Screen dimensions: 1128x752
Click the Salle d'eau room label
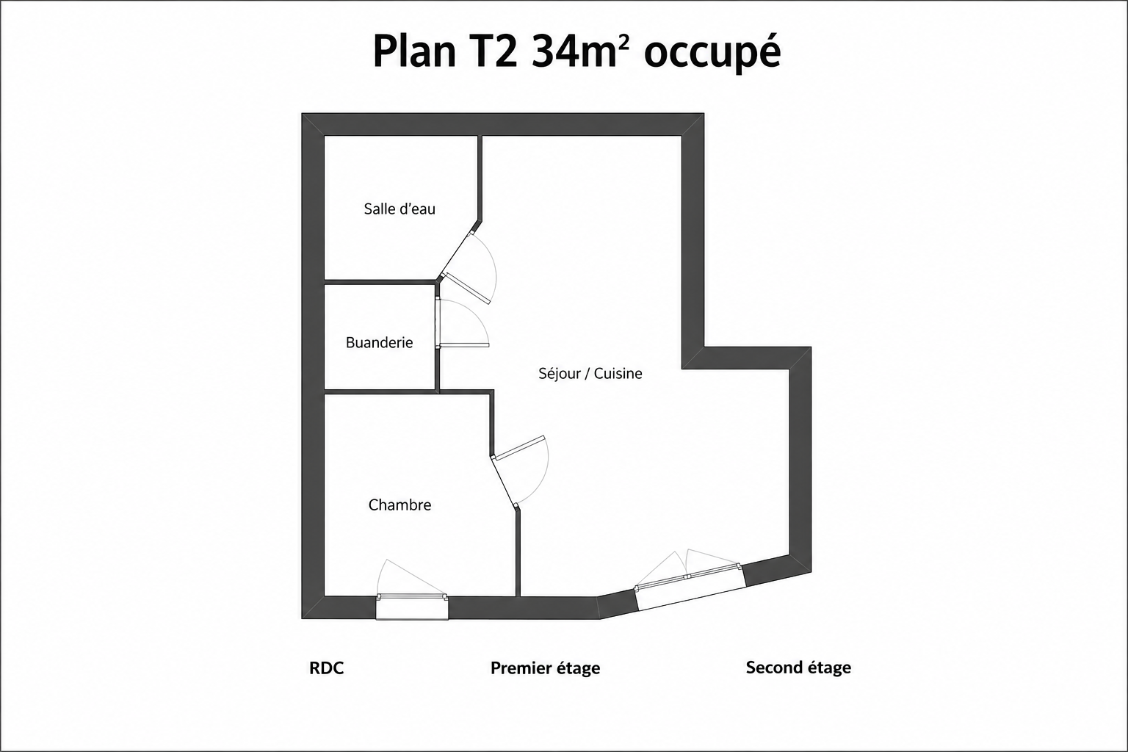pos(399,209)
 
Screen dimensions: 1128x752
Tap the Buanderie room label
pos(379,342)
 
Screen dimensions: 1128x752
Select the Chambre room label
pos(399,505)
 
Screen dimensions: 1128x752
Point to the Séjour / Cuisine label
pos(590,373)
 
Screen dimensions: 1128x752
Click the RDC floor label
pos(326,668)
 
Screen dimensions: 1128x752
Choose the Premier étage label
pos(546,668)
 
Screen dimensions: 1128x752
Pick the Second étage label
pos(798,668)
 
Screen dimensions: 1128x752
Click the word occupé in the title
pos(712,52)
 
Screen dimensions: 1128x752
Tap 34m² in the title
pos(574,51)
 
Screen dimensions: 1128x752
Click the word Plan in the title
pos(414,51)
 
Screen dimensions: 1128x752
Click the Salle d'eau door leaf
pos(466,289)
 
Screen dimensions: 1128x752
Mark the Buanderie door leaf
pos(464,345)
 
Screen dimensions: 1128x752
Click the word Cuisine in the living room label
pos(618,373)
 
